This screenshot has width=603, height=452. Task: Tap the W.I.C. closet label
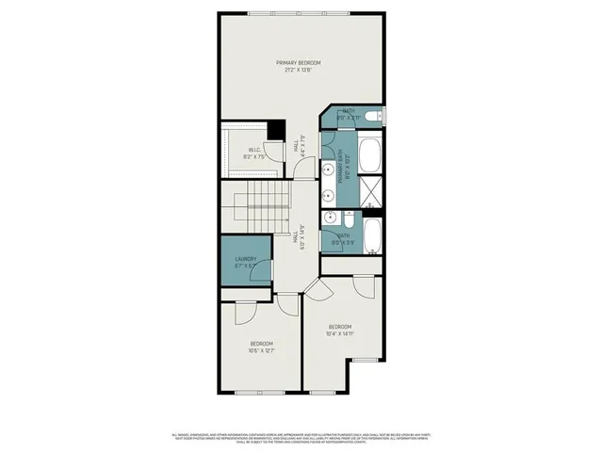click(254, 153)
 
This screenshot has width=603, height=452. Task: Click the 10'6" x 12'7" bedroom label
click(262, 347)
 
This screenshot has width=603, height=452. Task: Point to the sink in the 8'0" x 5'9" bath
click(330, 218)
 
